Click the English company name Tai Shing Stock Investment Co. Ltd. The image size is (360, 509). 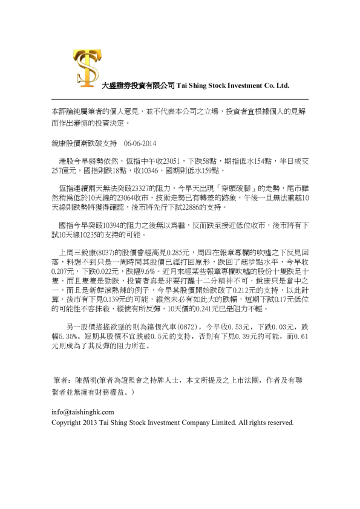[232, 86]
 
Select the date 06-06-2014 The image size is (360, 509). [140, 144]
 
